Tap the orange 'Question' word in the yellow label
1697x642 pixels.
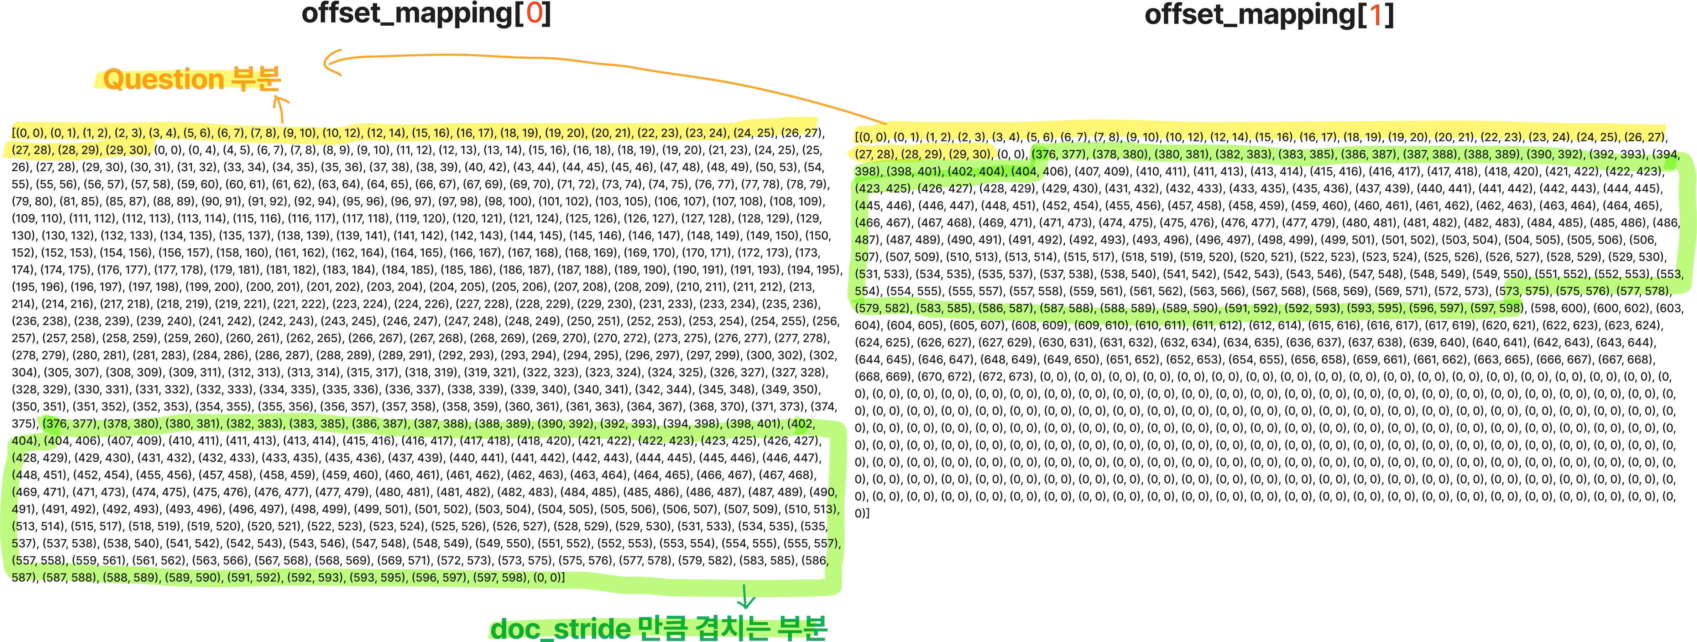[163, 79]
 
